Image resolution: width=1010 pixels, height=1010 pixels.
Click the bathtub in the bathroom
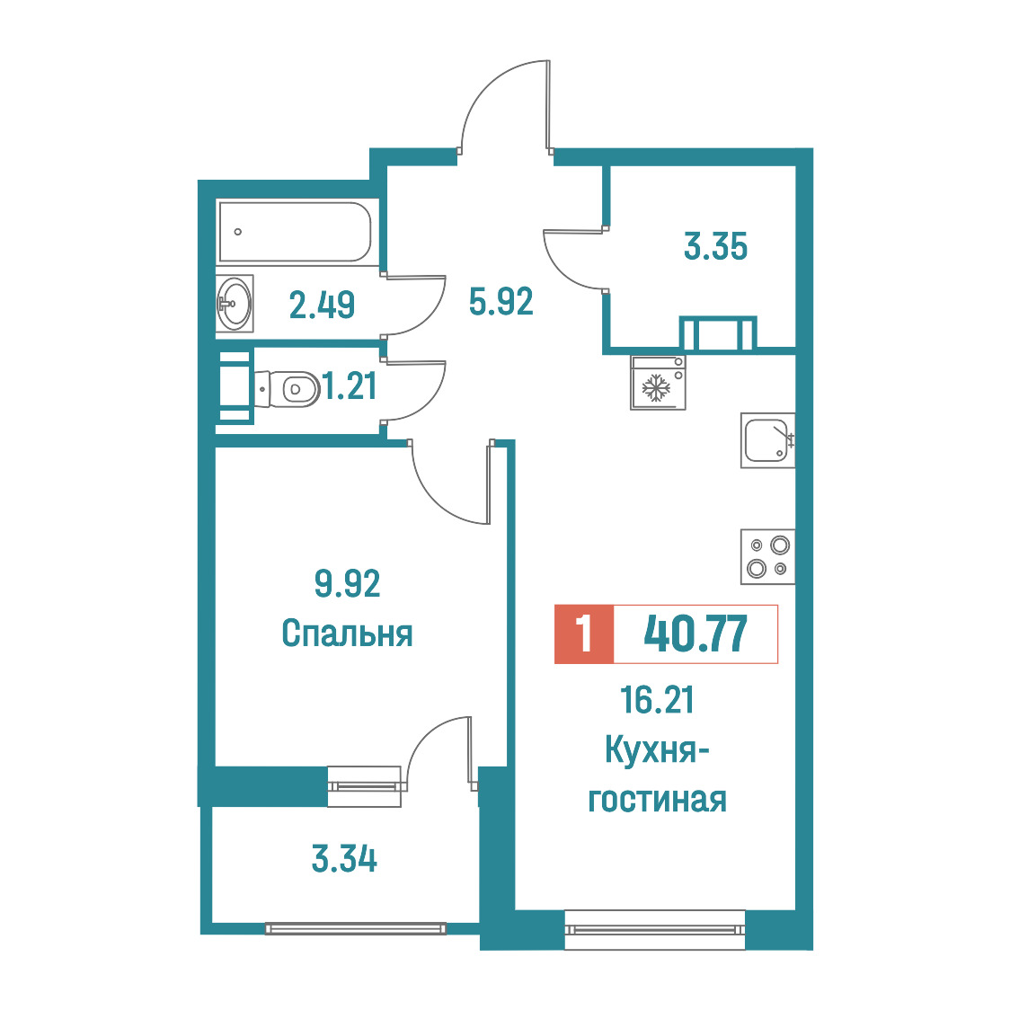click(x=296, y=232)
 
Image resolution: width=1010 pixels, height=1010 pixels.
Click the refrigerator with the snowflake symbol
click(x=658, y=383)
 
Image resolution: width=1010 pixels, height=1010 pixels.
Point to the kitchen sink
click(x=767, y=440)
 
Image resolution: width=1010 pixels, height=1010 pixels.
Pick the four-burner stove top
click(x=767, y=556)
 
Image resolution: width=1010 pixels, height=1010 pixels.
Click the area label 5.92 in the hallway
click(x=501, y=301)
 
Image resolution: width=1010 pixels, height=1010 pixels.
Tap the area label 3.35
click(x=715, y=246)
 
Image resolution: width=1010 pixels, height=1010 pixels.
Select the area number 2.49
click(x=322, y=305)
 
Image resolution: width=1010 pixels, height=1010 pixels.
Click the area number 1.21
click(x=350, y=386)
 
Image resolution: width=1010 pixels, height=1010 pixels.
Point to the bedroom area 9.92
click(x=347, y=583)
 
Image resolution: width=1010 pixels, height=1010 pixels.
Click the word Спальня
click(x=347, y=633)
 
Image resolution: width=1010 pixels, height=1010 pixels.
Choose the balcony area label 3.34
click(x=344, y=859)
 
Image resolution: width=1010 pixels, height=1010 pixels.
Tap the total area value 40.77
click(x=695, y=633)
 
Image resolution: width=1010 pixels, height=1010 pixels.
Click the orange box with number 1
click(x=584, y=633)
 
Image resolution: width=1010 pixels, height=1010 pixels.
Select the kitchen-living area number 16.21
click(x=657, y=700)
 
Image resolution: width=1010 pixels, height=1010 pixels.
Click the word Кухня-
click(x=657, y=750)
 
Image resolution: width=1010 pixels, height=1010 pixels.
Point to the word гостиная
click(x=657, y=800)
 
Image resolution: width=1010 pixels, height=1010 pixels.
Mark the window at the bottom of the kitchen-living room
click(x=655, y=929)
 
